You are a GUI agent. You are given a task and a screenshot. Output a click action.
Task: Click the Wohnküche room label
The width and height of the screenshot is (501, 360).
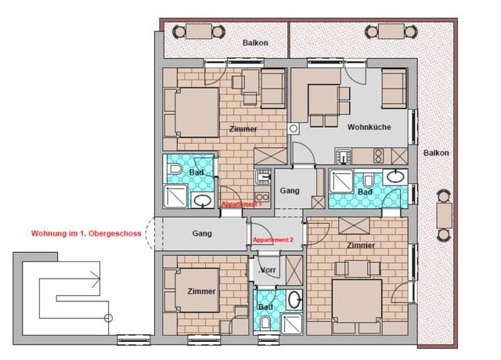pyautogui.click(x=369, y=127)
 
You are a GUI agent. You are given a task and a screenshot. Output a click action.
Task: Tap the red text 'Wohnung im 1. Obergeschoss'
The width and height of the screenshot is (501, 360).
pyautogui.click(x=86, y=233)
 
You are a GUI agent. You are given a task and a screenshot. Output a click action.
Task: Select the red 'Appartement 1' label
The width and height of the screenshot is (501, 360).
pyautogui.click(x=242, y=204)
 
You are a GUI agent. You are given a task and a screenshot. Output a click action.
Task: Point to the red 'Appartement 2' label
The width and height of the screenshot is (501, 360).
pyautogui.click(x=273, y=239)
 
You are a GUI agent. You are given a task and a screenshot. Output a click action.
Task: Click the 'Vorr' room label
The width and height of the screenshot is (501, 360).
pyautogui.click(x=268, y=270)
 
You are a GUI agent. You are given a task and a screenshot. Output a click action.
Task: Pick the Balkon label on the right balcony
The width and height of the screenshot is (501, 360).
pyautogui.click(x=436, y=153)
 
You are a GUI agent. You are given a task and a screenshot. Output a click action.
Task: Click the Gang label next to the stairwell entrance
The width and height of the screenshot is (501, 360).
pyautogui.click(x=202, y=233)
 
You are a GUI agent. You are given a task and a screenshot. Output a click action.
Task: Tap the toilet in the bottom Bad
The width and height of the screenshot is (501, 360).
pyautogui.click(x=265, y=322)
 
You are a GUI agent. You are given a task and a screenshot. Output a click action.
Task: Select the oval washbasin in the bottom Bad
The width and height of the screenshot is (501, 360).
pyautogui.click(x=294, y=300)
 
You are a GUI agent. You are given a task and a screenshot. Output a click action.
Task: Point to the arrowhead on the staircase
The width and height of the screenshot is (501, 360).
pyautogui.click(x=96, y=279)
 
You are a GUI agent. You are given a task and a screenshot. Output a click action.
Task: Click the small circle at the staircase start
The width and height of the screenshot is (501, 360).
pyautogui.click(x=108, y=319)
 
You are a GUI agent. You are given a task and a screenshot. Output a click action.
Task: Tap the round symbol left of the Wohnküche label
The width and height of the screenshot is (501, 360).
pyautogui.click(x=294, y=128)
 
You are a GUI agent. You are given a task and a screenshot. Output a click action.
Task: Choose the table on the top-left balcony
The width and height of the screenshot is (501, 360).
pyautogui.click(x=199, y=31)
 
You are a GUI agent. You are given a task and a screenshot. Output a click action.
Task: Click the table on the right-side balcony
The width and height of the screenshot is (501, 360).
pyautogui.click(x=444, y=215)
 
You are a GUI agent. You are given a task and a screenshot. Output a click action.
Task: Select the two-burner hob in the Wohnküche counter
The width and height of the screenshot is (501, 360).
pyautogui.click(x=378, y=157)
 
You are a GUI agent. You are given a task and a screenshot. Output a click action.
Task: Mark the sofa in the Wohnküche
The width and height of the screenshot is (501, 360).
pyautogui.click(x=394, y=88)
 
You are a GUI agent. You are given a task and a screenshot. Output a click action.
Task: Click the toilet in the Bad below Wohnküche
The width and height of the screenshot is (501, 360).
pyautogui.click(x=368, y=181)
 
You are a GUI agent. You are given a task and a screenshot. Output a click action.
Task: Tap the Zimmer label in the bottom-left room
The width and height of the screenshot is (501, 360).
pyautogui.click(x=201, y=291)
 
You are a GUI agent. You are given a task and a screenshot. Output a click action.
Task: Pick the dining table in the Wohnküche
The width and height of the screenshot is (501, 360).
pyautogui.click(x=323, y=99)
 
